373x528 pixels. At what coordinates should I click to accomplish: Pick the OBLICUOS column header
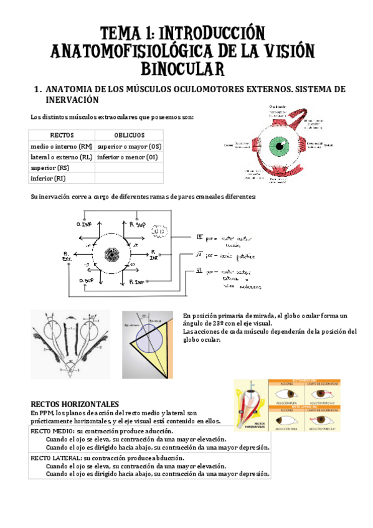pos(129,135)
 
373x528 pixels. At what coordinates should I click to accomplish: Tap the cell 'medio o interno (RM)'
pos(62,146)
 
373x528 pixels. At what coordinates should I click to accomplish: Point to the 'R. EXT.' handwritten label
pos(66,255)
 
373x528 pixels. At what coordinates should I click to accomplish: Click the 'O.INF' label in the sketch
pos(84,224)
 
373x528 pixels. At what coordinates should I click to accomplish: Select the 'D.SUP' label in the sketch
pos(87,281)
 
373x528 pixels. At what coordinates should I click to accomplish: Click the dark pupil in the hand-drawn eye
pos(113,254)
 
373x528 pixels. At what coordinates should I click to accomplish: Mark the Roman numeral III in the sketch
pos(200,237)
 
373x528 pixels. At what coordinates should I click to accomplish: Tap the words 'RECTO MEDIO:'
pos(52,431)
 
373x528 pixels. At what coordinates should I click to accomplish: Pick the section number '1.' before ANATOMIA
pos(37,90)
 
